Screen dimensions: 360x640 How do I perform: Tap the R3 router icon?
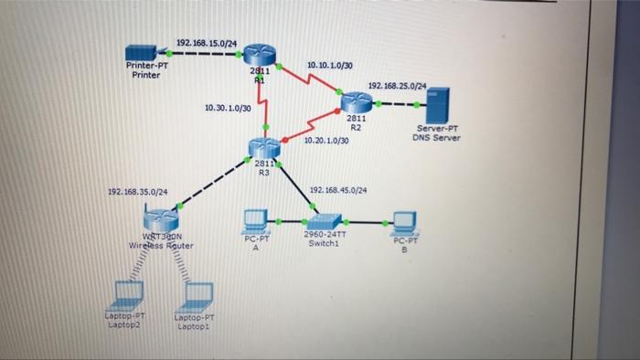click(x=264, y=147)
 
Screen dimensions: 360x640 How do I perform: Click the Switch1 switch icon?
click(x=323, y=221)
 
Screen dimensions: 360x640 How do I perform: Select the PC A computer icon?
click(x=255, y=221)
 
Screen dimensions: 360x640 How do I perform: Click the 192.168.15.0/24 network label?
click(x=206, y=42)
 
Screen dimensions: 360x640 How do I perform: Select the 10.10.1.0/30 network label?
click(x=330, y=67)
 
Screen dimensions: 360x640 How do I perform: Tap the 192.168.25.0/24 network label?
click(x=397, y=85)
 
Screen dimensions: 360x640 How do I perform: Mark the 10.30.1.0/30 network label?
click(x=229, y=109)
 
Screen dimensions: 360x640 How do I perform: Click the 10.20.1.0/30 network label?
click(x=325, y=141)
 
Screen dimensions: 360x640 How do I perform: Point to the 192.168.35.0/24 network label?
click(x=137, y=192)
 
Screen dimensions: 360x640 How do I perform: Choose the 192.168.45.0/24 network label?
click(x=338, y=190)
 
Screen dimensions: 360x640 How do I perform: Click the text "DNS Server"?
click(x=436, y=138)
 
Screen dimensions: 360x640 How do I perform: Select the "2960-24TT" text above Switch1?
click(x=323, y=235)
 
